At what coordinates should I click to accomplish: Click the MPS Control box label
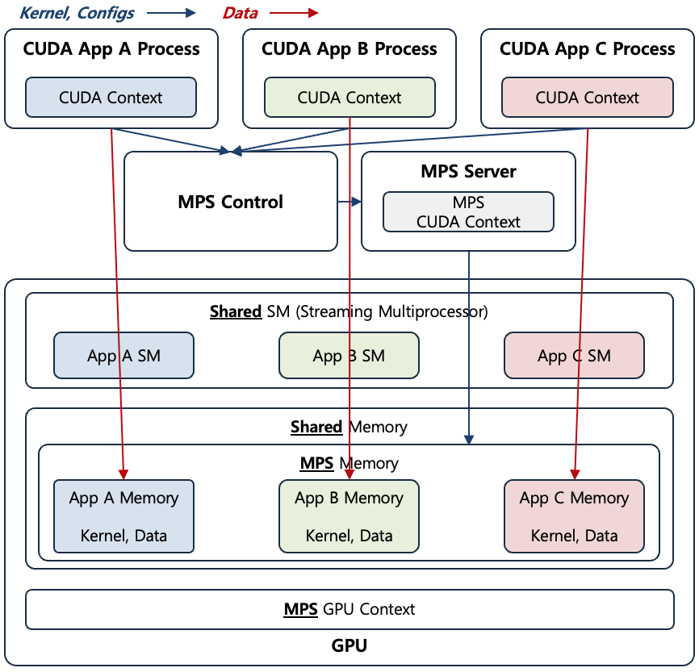[x=230, y=202]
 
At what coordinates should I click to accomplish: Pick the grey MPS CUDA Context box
[x=468, y=211]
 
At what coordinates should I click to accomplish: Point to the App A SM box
[x=123, y=355]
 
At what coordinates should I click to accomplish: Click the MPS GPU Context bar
[x=349, y=609]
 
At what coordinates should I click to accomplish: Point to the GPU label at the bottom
[x=349, y=646]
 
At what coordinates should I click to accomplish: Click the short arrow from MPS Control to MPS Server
[x=349, y=202]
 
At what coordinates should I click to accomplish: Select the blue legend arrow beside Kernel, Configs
[x=171, y=12]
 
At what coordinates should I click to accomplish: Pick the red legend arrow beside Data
[x=294, y=12]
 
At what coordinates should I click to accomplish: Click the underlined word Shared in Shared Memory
[x=316, y=427]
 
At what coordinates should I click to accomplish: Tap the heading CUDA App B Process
[x=349, y=48]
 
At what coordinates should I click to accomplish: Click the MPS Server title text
[x=468, y=171]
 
